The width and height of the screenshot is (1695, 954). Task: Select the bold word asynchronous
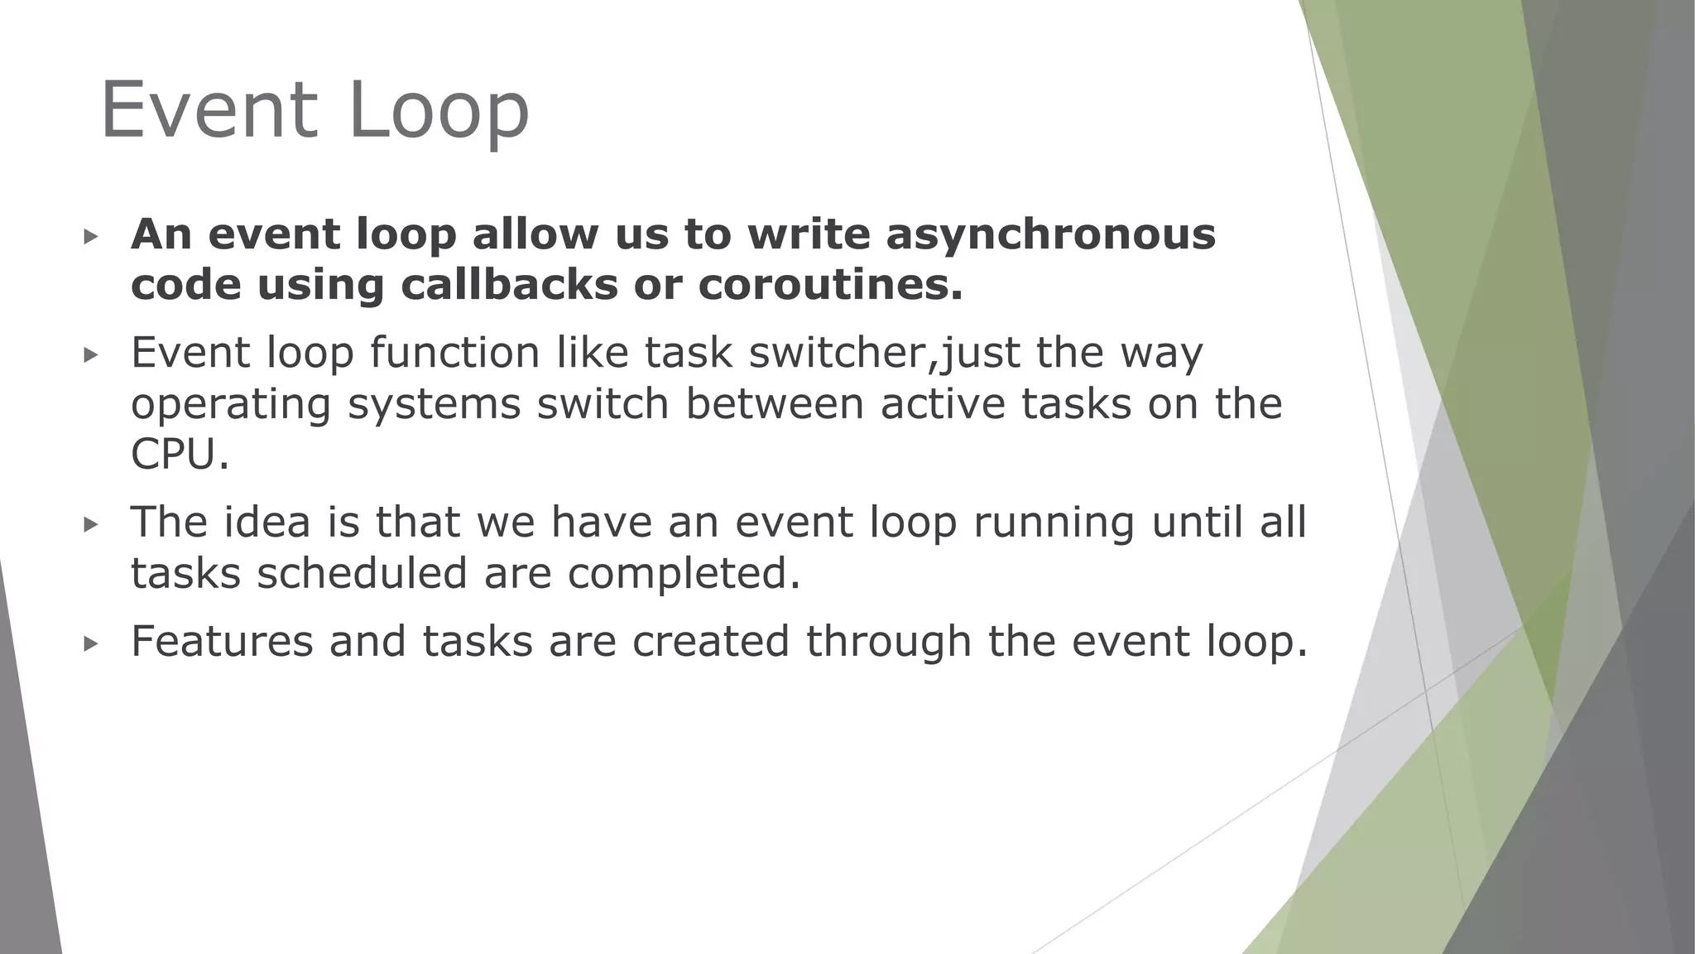point(1051,234)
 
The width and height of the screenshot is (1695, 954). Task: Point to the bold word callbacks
point(509,285)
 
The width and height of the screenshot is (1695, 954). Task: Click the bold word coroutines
point(831,285)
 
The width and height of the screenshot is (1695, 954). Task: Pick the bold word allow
point(535,234)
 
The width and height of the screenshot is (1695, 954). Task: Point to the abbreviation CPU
point(179,455)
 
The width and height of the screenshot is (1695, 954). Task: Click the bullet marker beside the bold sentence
point(91,237)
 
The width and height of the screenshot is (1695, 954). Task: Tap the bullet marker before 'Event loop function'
point(91,355)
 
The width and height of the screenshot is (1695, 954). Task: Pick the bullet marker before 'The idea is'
point(91,524)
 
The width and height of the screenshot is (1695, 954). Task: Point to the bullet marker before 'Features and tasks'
point(91,643)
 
